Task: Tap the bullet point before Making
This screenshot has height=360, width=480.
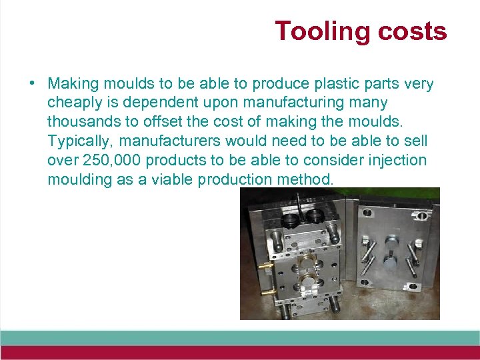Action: (32, 84)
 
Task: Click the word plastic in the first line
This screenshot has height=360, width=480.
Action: (337, 84)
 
